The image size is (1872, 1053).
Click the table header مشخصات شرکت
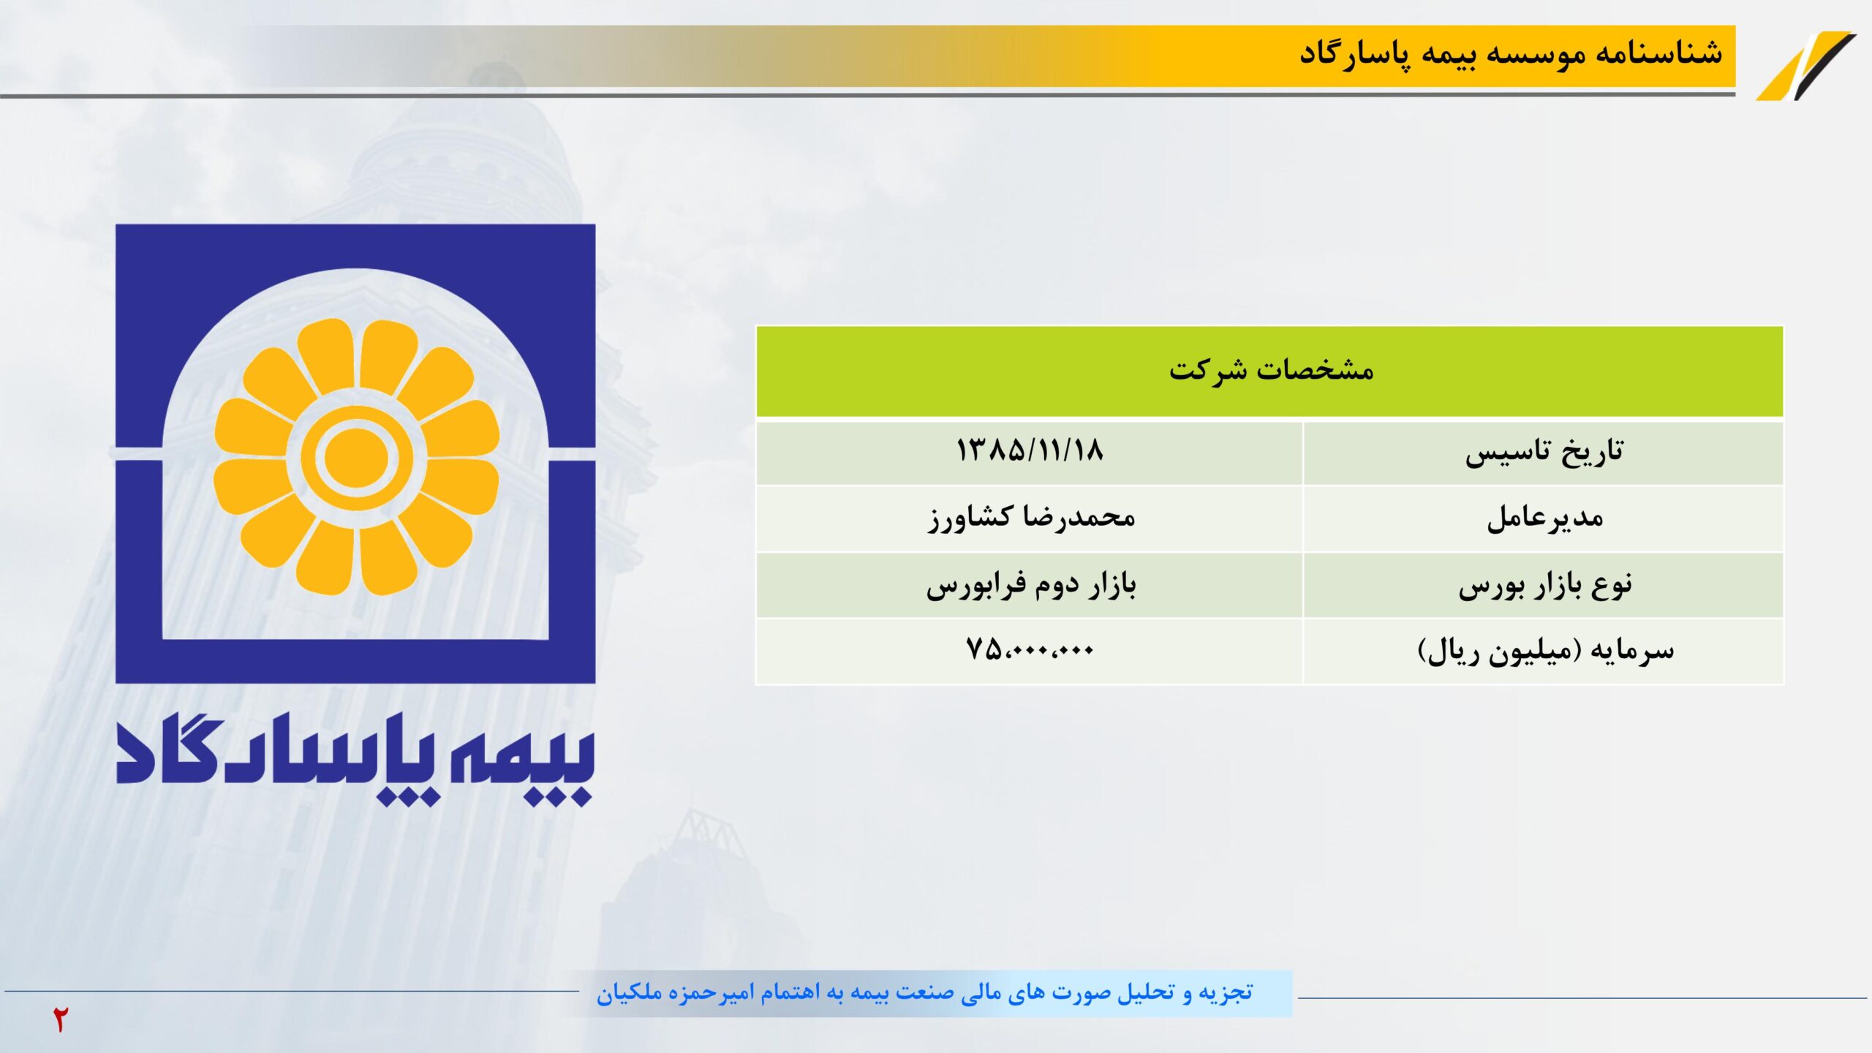1271,370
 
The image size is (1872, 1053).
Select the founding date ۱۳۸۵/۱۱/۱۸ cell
1030,450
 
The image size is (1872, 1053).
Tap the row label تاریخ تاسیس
1544,452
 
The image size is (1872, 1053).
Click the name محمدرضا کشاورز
1031,518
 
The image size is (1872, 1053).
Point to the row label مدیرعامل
1544,518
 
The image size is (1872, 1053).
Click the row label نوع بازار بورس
1545,586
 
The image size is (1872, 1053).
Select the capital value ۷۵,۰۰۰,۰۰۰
1030,649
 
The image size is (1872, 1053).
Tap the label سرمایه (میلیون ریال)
1545,651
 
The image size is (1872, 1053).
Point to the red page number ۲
60,1019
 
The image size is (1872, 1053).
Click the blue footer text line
924,993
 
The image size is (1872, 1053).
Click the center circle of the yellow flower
356,457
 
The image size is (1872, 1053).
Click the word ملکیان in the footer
630,993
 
